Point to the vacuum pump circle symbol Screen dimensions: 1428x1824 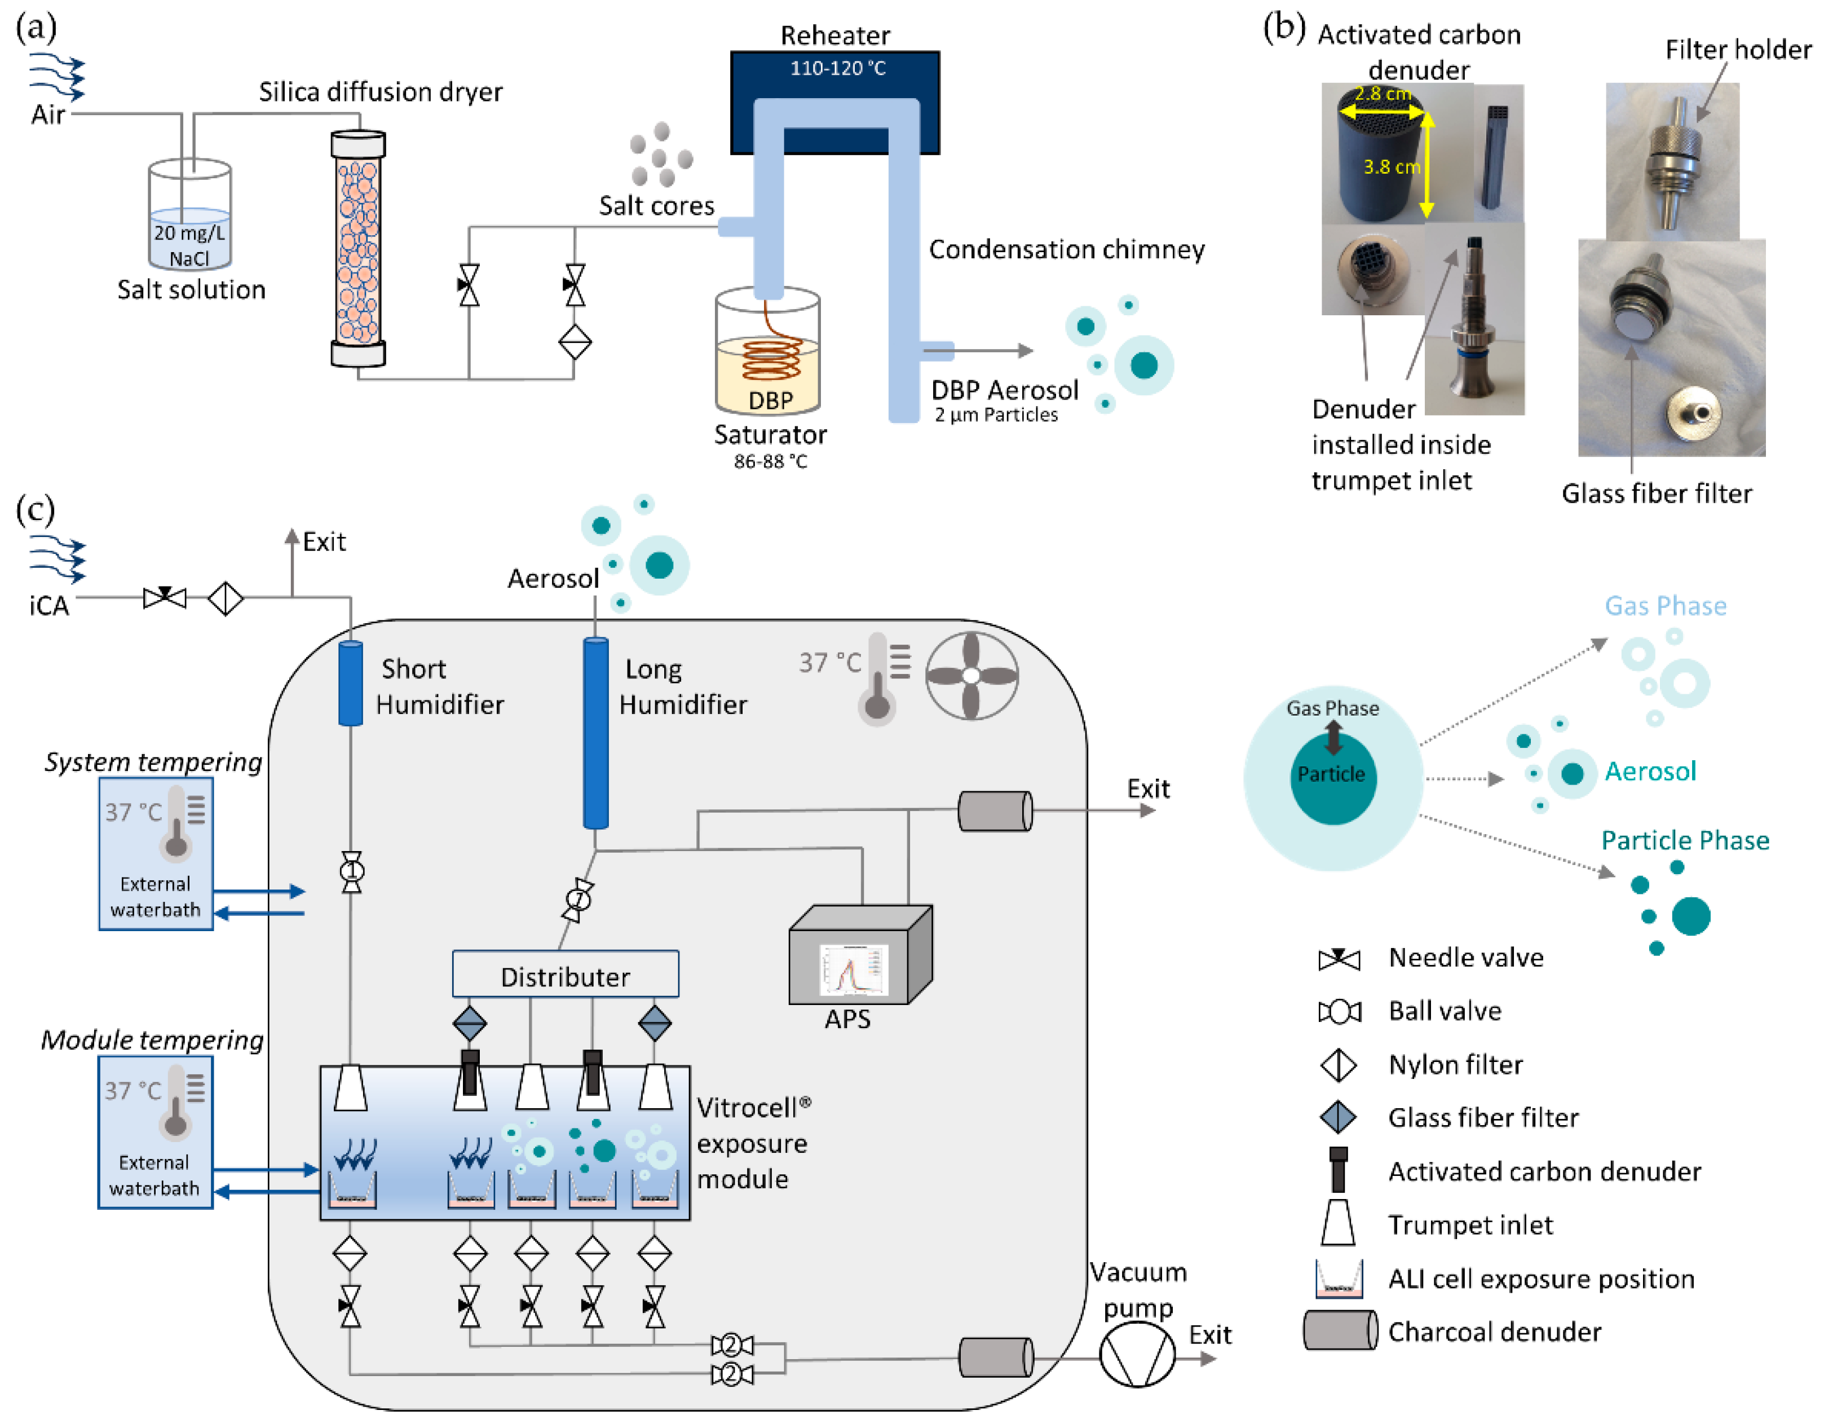[x=1137, y=1357]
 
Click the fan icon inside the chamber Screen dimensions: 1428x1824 [x=971, y=676]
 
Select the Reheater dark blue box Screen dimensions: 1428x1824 [x=834, y=83]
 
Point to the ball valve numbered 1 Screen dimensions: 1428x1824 [x=352, y=872]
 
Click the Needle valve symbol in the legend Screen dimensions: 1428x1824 [x=1339, y=958]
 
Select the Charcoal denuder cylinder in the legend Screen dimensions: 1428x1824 [x=1340, y=1330]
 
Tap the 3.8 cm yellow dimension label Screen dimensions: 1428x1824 [x=1390, y=166]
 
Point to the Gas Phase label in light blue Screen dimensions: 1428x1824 [x=1664, y=605]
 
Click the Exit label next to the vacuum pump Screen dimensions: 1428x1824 [x=1209, y=1335]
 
